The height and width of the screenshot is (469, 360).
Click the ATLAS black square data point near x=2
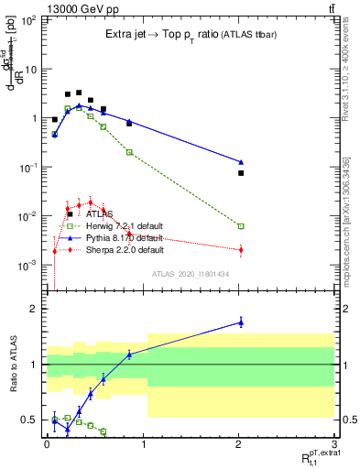(241, 173)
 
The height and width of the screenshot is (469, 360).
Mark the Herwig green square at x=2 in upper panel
(241, 226)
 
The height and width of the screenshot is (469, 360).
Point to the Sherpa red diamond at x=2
(241, 250)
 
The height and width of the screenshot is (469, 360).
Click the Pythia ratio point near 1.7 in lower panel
(241, 322)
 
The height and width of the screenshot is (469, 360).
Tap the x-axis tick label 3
(336, 443)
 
